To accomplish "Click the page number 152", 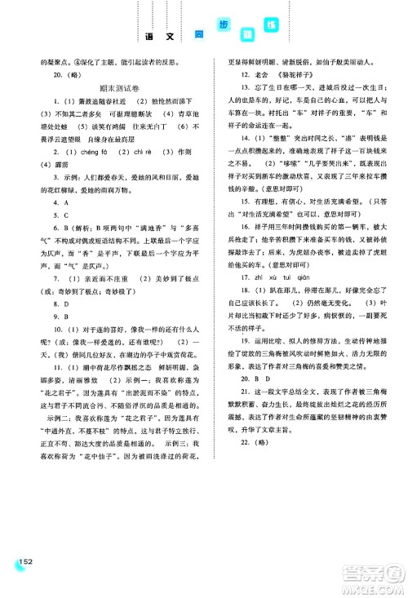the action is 23,563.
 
